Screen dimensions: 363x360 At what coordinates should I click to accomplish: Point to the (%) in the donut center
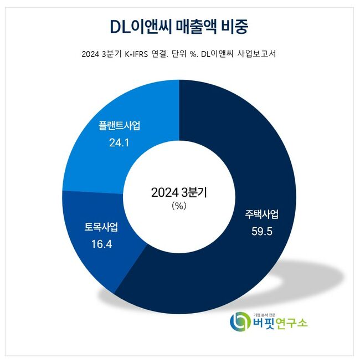179,206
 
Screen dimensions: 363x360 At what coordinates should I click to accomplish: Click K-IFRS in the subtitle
136,54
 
